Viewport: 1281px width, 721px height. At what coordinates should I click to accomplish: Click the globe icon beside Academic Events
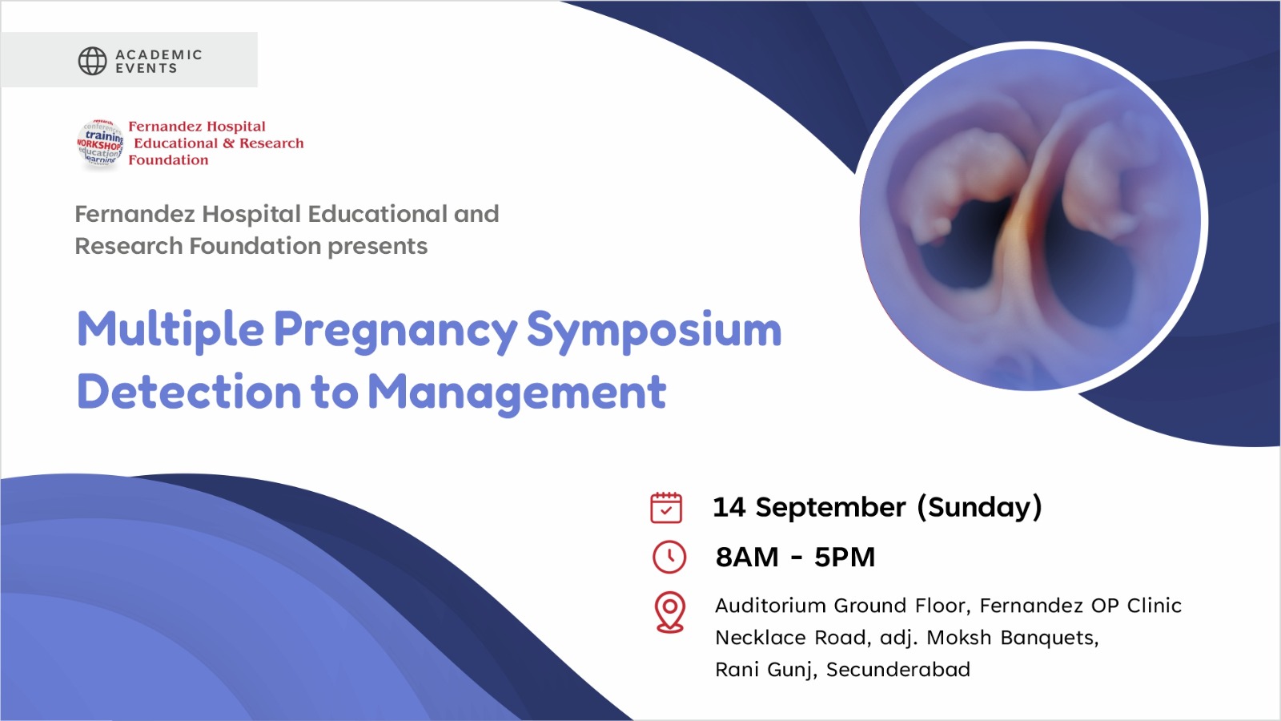pyautogui.click(x=92, y=61)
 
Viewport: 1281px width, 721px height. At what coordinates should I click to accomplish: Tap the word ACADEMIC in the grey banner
pyautogui.click(x=159, y=54)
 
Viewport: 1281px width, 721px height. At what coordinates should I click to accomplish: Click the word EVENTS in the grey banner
pyautogui.click(x=147, y=68)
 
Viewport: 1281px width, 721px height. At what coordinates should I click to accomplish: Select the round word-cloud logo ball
pyautogui.click(x=100, y=143)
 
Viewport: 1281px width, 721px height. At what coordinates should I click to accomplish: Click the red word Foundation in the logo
pyautogui.click(x=168, y=159)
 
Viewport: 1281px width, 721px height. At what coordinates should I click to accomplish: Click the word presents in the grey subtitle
pyautogui.click(x=377, y=246)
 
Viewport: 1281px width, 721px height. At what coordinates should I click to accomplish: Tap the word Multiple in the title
pyautogui.click(x=171, y=330)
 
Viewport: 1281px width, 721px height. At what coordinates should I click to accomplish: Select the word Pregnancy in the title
pyautogui.click(x=396, y=331)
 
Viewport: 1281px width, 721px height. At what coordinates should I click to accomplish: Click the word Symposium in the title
pyautogui.click(x=653, y=331)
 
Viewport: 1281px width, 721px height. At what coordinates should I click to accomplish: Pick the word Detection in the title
pyautogui.click(x=189, y=392)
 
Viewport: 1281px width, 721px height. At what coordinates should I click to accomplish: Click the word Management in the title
pyautogui.click(x=517, y=393)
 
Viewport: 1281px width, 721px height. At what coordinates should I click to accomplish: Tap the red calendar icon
pyautogui.click(x=666, y=508)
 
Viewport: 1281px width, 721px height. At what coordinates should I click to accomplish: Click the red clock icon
pyautogui.click(x=669, y=557)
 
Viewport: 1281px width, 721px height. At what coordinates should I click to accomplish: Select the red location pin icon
pyautogui.click(x=669, y=612)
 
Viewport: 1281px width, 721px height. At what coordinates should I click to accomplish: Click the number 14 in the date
pyautogui.click(x=729, y=507)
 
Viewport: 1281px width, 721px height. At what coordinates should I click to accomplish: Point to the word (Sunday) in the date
pyautogui.click(x=980, y=508)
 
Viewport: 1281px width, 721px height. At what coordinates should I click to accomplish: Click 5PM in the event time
pyautogui.click(x=845, y=557)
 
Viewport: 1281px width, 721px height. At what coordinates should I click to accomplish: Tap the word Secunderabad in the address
pyautogui.click(x=898, y=669)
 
